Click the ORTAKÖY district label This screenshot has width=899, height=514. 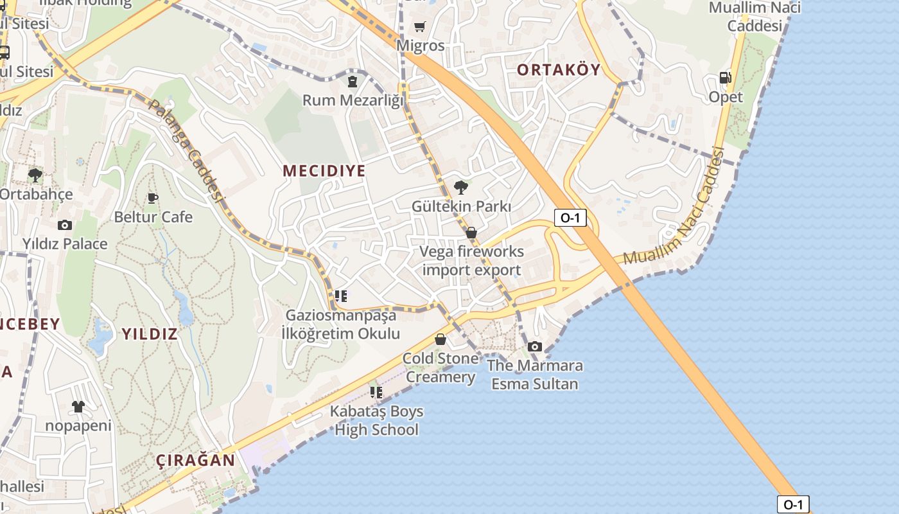click(x=559, y=69)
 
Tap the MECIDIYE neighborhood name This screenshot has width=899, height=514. click(x=324, y=170)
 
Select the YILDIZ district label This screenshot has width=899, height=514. click(x=149, y=333)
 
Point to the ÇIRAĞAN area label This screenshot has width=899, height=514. click(x=195, y=460)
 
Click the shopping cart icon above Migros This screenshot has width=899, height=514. click(x=419, y=26)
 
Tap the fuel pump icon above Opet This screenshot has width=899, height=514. click(x=725, y=78)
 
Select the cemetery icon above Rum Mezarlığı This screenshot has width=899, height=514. click(x=352, y=82)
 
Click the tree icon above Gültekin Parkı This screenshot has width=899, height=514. click(x=460, y=188)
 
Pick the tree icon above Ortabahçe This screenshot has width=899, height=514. click(x=35, y=175)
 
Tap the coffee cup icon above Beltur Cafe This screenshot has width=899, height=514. click(x=152, y=198)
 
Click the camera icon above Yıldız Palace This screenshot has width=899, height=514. click(x=64, y=225)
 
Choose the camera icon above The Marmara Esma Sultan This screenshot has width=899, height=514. click(x=534, y=347)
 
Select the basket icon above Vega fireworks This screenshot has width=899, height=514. click(x=471, y=233)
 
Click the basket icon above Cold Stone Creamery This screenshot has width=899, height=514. click(x=441, y=339)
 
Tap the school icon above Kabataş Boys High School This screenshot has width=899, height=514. click(x=376, y=392)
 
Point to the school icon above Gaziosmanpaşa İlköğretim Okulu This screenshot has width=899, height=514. click(x=341, y=296)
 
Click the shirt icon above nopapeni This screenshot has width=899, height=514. click(x=78, y=406)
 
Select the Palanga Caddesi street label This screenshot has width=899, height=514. click(x=186, y=151)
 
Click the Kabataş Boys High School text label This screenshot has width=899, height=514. click(x=376, y=420)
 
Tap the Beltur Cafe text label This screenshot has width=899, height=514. click(x=153, y=217)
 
